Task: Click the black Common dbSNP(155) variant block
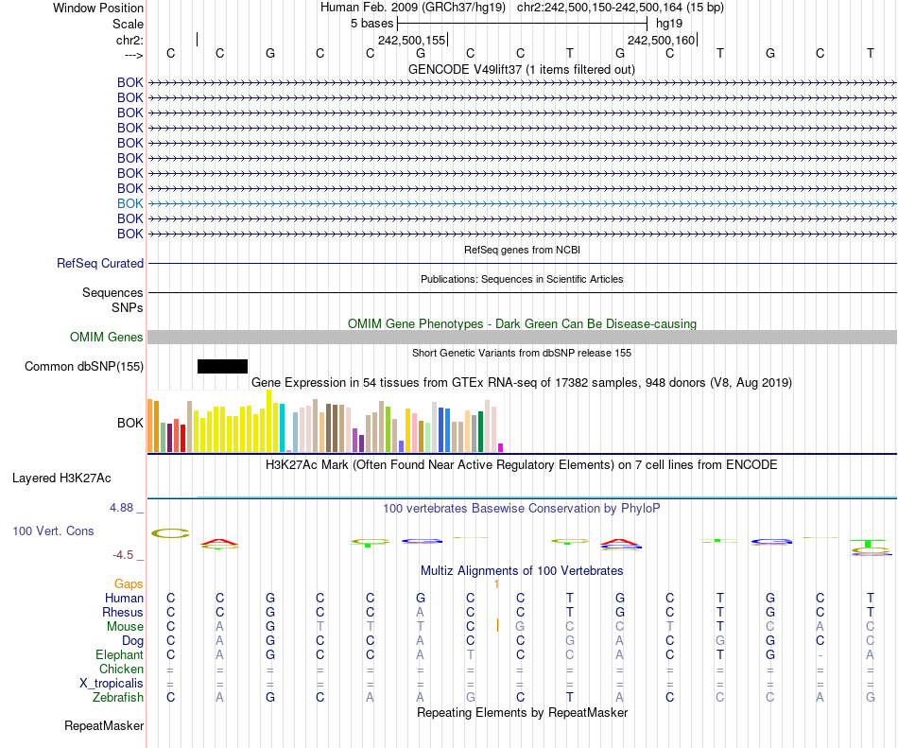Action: tap(222, 366)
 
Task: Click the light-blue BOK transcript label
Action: tap(130, 203)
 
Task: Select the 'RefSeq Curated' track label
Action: tap(100, 264)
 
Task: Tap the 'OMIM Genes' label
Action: tap(107, 338)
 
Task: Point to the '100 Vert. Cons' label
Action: tap(53, 531)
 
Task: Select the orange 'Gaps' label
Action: tap(129, 584)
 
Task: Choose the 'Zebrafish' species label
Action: tap(118, 697)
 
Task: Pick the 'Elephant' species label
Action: tap(119, 654)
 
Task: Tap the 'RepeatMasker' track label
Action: tap(104, 726)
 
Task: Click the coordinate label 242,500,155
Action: tap(410, 41)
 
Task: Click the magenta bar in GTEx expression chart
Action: tap(501, 447)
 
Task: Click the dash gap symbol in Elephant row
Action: tap(820, 655)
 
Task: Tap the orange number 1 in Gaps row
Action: tap(496, 584)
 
